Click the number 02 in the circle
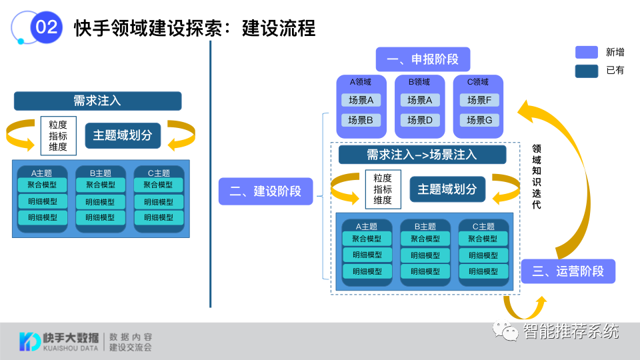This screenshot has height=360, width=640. [x=46, y=27]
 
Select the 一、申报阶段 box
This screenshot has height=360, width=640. [x=422, y=59]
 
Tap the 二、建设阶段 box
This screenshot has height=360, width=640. [x=265, y=191]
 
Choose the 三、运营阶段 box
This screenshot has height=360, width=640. [x=568, y=271]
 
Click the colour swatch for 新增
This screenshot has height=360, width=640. [x=586, y=52]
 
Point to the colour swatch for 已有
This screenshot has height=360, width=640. [x=586, y=70]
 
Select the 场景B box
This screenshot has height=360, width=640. [x=361, y=120]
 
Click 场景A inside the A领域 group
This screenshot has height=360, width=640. [x=361, y=100]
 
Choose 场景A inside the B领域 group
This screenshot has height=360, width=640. [x=420, y=100]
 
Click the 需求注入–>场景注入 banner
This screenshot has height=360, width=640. [x=422, y=155]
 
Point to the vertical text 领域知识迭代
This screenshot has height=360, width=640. [x=536, y=177]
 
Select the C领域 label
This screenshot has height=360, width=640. [x=477, y=82]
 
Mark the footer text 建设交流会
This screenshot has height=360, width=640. [x=131, y=347]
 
